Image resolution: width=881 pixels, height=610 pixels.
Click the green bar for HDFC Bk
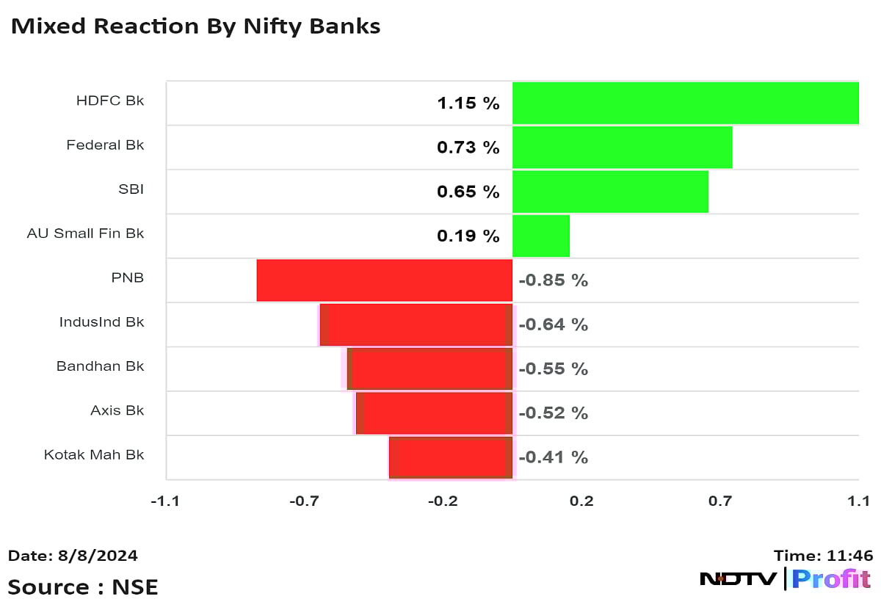point(685,104)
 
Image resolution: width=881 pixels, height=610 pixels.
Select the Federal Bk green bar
point(622,148)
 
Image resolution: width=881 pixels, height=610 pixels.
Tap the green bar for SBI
point(610,192)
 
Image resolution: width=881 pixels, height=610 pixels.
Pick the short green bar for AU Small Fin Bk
point(540,236)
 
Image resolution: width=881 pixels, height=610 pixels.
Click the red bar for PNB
point(384,280)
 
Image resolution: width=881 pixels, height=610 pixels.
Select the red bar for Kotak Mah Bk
point(450,457)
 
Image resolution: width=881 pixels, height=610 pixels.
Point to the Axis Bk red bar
point(434,413)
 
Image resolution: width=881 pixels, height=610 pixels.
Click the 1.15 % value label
point(468,104)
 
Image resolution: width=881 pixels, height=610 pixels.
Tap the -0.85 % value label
point(554,280)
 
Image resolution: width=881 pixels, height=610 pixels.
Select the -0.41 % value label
point(554,457)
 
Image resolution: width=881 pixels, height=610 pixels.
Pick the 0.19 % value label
point(468,236)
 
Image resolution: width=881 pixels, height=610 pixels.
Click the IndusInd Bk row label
point(101,322)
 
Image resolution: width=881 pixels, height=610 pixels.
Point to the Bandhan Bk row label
point(100,366)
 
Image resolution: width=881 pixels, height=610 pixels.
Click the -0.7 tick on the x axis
point(304,501)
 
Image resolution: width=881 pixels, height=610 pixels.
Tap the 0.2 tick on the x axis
point(581,501)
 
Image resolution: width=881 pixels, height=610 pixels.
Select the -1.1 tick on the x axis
point(165,501)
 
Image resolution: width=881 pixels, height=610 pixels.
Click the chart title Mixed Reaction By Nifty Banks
point(195,27)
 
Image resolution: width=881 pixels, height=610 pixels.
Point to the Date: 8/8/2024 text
point(73,556)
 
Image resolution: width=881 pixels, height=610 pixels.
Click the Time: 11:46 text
point(823,556)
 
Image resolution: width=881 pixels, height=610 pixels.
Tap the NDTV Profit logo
point(785,578)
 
